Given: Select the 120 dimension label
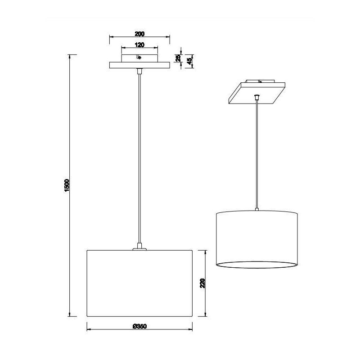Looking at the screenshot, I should pos(139,45).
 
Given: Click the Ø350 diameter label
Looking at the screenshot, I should pos(140,327).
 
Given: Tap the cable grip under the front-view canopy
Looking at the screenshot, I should pos(139,71).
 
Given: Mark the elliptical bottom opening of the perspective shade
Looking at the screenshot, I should pos(256,264).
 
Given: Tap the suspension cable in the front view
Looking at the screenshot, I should pos(139,157).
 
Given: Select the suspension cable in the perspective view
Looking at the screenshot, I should pos(256,153).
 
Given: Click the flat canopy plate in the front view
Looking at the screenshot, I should pos(139,66).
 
